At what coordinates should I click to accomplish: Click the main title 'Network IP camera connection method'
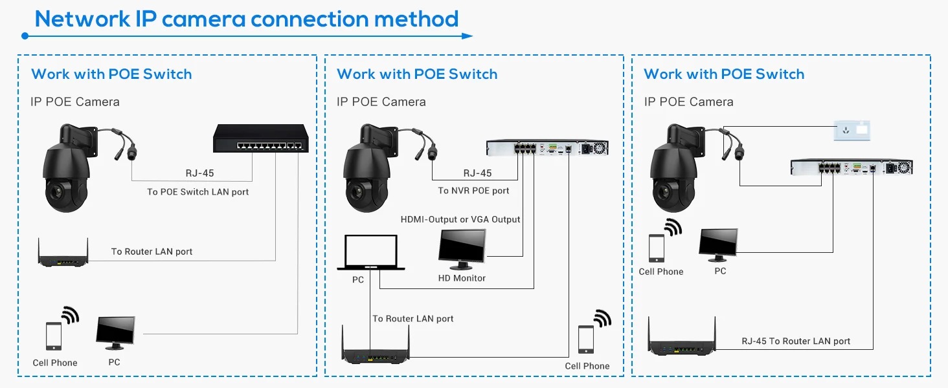(247, 19)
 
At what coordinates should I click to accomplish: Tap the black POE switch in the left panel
(261, 138)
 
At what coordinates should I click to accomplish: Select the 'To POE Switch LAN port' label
(198, 191)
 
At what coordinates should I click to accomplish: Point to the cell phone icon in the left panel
(54, 336)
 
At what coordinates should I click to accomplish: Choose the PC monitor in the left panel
(115, 332)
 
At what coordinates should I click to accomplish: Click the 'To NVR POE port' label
(473, 190)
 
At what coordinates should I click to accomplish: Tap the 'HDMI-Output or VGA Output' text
(460, 219)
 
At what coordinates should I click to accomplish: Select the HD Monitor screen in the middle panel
(462, 247)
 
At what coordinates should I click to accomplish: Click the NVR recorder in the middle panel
(548, 148)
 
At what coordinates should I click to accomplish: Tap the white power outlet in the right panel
(852, 130)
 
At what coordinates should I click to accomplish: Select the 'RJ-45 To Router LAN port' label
(796, 341)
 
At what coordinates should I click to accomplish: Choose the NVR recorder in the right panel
(851, 167)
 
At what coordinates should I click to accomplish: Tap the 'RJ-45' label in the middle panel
(477, 173)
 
